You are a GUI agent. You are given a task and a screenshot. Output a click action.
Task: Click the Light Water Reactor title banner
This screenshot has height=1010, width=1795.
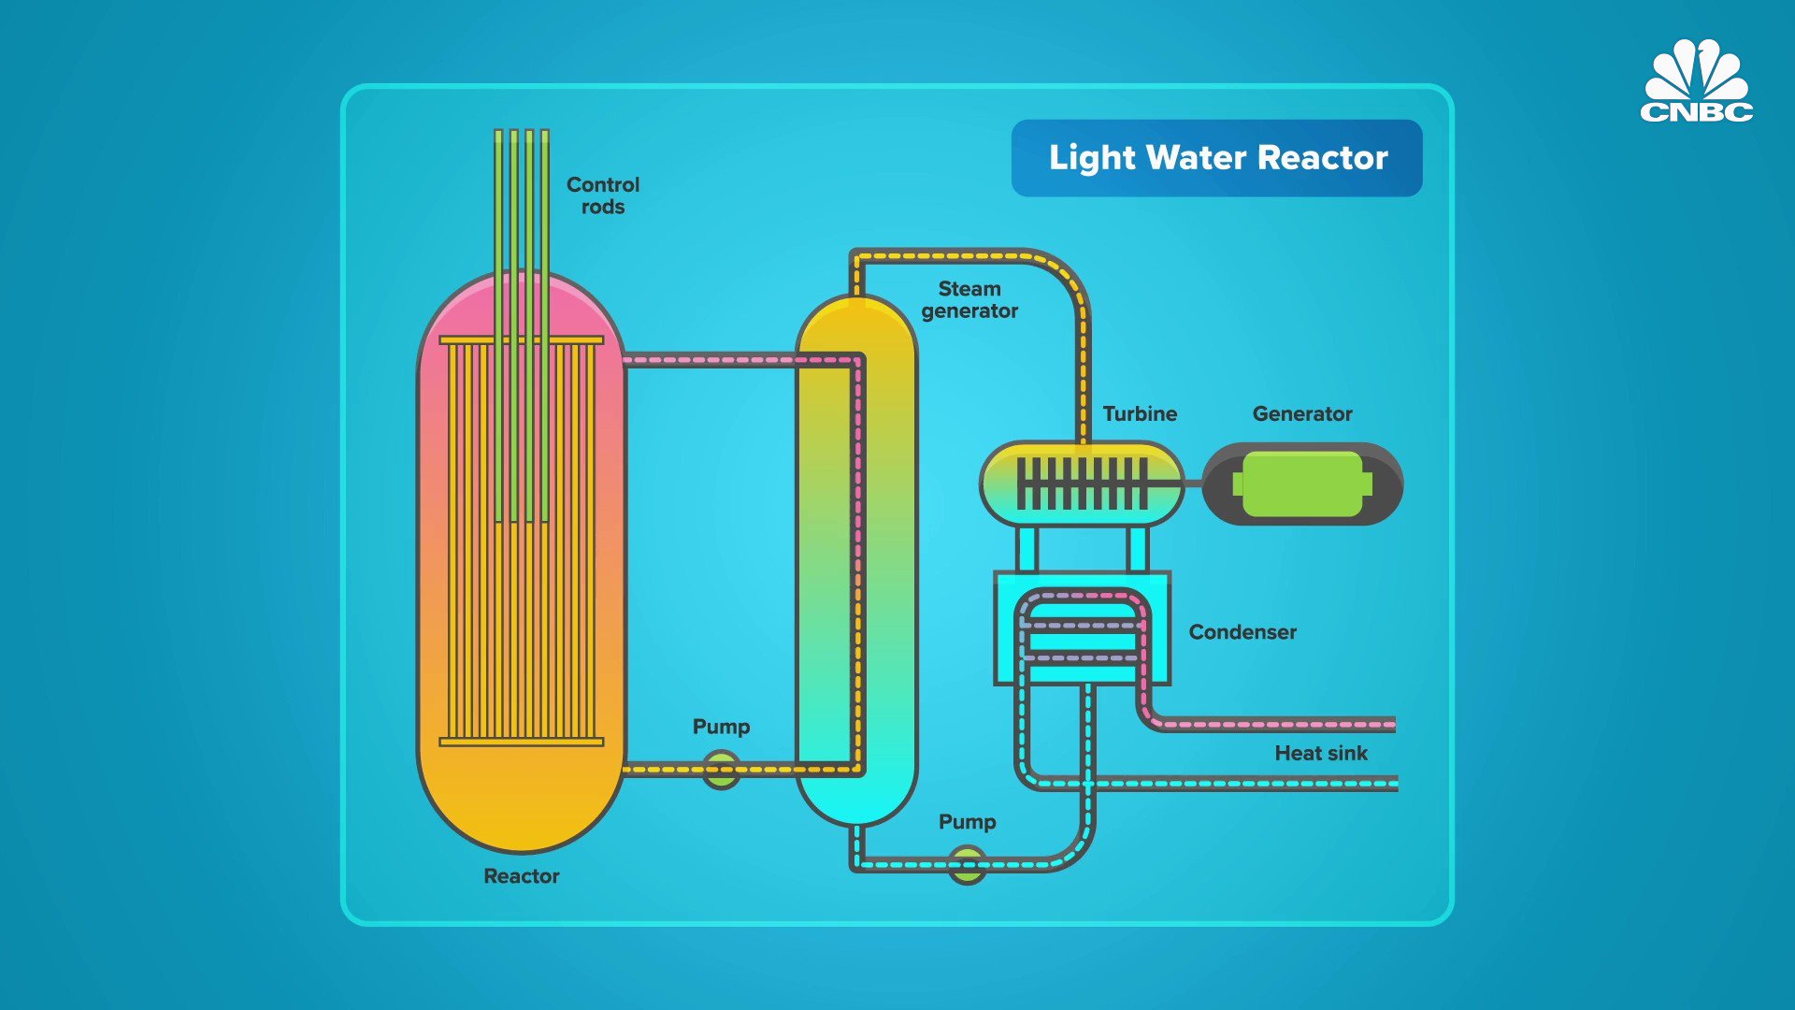pyautogui.click(x=1216, y=157)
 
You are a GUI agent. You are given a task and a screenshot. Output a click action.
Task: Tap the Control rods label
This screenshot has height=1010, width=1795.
pyautogui.click(x=603, y=195)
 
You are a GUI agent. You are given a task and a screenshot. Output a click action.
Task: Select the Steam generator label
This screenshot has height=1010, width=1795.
pyautogui.click(x=969, y=300)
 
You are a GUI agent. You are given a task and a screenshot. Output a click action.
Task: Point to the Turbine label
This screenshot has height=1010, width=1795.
pyautogui.click(x=1140, y=413)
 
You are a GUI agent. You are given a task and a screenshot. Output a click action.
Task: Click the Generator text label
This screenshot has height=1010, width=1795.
pyautogui.click(x=1302, y=413)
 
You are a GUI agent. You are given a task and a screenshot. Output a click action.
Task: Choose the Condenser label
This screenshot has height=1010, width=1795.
pyautogui.click(x=1242, y=632)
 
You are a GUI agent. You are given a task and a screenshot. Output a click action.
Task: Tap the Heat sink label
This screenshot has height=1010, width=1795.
pyautogui.click(x=1320, y=753)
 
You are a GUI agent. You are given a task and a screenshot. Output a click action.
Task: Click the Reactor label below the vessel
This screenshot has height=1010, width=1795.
pyautogui.click(x=521, y=876)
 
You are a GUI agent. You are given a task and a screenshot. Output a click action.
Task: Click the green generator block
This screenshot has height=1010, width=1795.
pyautogui.click(x=1302, y=483)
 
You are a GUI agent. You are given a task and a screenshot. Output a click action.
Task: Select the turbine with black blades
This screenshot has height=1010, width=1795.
pyautogui.click(x=1082, y=483)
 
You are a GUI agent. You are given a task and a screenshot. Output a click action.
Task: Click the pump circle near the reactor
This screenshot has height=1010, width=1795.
pyautogui.click(x=721, y=770)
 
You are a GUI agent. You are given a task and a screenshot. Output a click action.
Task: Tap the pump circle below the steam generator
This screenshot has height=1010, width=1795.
pyautogui.click(x=967, y=864)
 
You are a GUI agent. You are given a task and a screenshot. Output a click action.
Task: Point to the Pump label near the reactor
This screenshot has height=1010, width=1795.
pyautogui.click(x=721, y=727)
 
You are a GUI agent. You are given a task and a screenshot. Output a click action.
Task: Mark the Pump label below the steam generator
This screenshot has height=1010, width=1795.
pyautogui.click(x=967, y=821)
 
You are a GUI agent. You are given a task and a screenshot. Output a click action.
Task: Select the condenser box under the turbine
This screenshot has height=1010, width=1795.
pyautogui.click(x=1082, y=628)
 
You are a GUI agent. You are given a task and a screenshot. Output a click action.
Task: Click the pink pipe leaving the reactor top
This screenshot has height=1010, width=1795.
pyautogui.click(x=711, y=359)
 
